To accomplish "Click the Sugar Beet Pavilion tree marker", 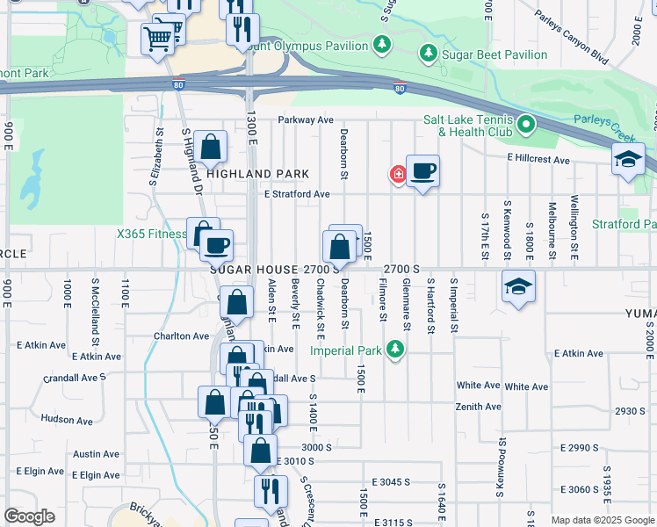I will point(429,54).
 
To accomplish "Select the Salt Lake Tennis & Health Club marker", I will point(526,125).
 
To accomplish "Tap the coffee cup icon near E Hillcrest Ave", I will point(422,170).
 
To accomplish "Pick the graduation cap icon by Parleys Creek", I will point(630,160).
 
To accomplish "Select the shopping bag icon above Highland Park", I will point(211,146).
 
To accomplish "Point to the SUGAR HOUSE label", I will point(255,269).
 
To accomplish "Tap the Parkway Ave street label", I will point(306,119).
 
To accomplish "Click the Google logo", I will point(30,516).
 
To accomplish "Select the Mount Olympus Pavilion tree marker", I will point(381,43).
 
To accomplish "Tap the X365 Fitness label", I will point(151,235).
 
